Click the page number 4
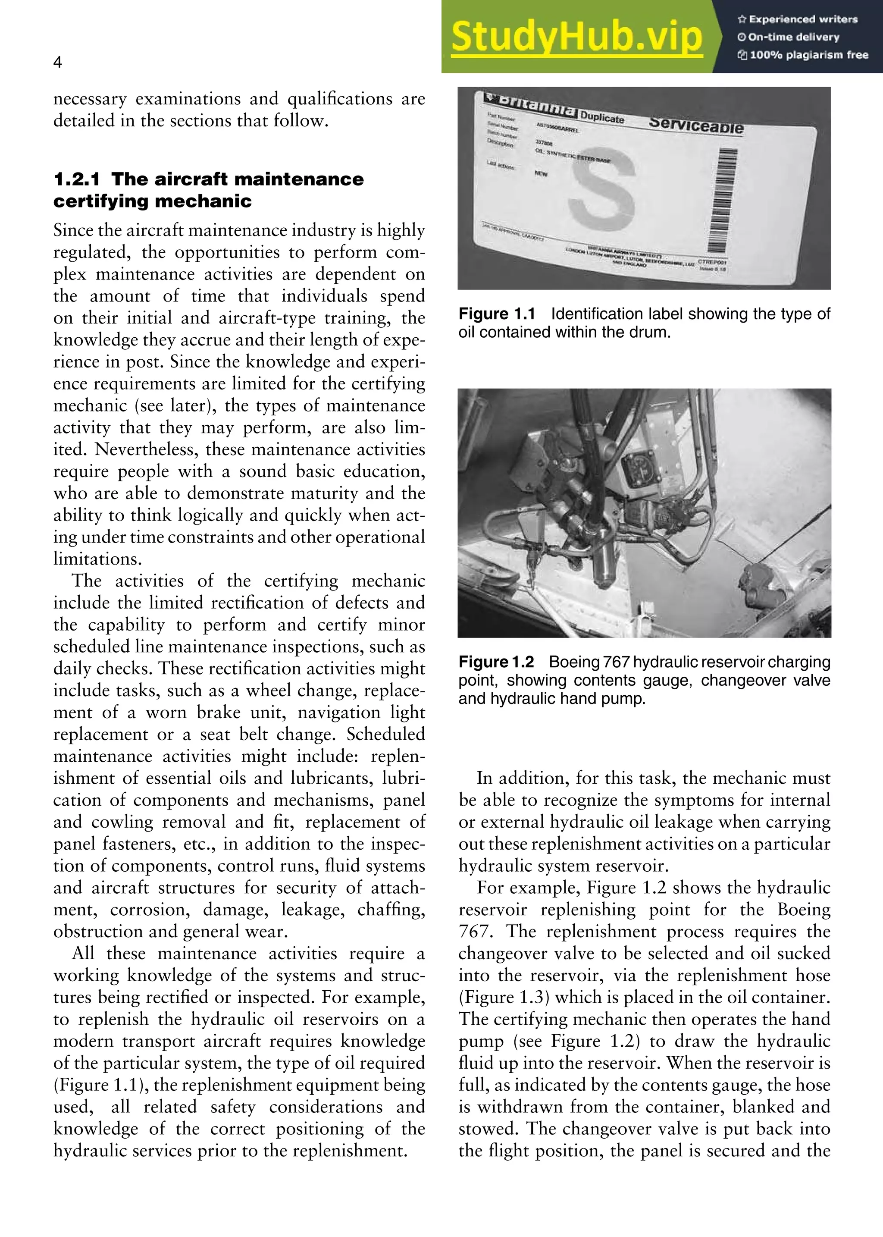point(58,63)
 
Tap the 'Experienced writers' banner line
point(798,19)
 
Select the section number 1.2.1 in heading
point(76,179)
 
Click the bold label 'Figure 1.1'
point(496,314)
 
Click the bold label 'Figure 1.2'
point(496,662)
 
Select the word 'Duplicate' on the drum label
point(602,117)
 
